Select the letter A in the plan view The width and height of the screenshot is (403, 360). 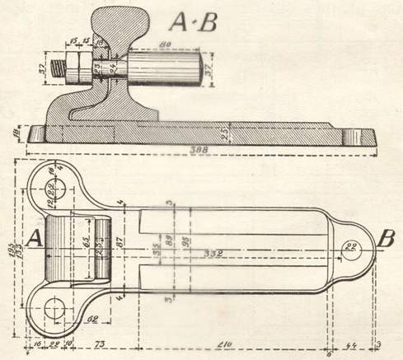[35, 238]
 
